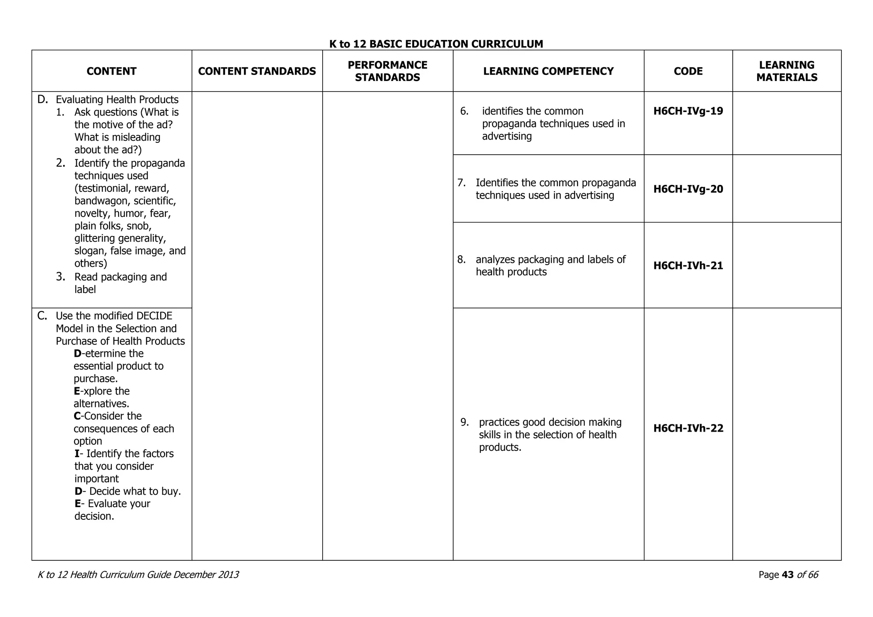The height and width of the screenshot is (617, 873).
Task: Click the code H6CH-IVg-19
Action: [x=688, y=111]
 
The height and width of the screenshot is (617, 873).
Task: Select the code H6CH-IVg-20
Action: [x=688, y=189]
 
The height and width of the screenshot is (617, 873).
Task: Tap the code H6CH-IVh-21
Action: [x=688, y=266]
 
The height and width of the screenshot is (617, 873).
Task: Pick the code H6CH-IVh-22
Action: [x=688, y=429]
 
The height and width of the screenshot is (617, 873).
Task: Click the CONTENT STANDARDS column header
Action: [x=257, y=71]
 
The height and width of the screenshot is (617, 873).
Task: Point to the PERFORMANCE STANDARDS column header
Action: [x=387, y=71]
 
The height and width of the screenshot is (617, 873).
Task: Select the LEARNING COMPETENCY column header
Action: [x=548, y=71]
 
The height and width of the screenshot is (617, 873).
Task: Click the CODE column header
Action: [x=688, y=71]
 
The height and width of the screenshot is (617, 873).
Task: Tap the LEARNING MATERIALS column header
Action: [x=786, y=71]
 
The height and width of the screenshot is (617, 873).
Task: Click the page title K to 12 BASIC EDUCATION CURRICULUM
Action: [x=436, y=44]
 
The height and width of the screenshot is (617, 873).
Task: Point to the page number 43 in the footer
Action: [x=788, y=575]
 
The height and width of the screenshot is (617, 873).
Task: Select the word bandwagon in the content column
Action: [x=102, y=201]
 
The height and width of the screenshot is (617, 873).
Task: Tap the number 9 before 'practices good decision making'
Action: [x=464, y=422]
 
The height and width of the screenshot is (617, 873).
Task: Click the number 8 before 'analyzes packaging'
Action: [x=461, y=259]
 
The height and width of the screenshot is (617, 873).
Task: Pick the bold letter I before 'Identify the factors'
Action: [x=77, y=454]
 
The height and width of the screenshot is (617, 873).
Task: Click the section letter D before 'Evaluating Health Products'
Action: [x=42, y=100]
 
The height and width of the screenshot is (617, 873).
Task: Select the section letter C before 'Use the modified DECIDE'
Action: [x=42, y=316]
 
